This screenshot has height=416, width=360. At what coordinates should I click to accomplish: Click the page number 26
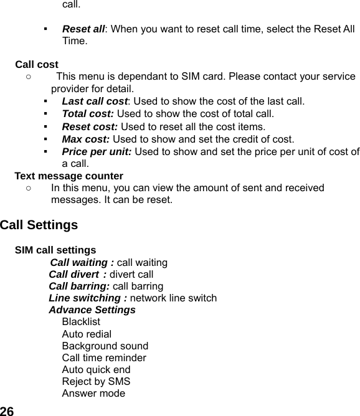pos(7,410)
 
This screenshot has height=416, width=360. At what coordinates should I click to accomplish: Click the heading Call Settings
pos(39,225)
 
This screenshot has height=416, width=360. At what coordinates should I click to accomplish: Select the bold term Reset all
pos(83,29)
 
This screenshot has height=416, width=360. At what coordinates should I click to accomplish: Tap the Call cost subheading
pos(37,64)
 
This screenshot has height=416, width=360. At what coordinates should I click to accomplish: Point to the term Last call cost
pos(95,101)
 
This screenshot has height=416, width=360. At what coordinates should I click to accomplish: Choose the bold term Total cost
pos(88,114)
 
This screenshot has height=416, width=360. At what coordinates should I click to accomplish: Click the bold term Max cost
pos(85,139)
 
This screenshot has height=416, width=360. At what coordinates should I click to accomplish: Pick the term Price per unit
pos(97,151)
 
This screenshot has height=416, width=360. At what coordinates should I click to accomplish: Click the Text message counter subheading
pos(69,176)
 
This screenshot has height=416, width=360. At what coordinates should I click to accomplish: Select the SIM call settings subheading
pos(55,250)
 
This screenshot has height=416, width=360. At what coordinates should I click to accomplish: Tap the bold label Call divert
pos(77,274)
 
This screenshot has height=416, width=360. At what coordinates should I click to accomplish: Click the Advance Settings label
pos(92,310)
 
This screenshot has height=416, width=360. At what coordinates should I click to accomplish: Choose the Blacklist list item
pos(81,322)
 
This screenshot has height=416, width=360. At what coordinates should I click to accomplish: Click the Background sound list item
pos(105,346)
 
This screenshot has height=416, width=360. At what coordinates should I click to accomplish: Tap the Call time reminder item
pos(104,357)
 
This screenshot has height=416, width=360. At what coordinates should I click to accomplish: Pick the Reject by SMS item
pos(96,381)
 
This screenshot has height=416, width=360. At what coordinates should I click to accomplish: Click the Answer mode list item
pos(93,393)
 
